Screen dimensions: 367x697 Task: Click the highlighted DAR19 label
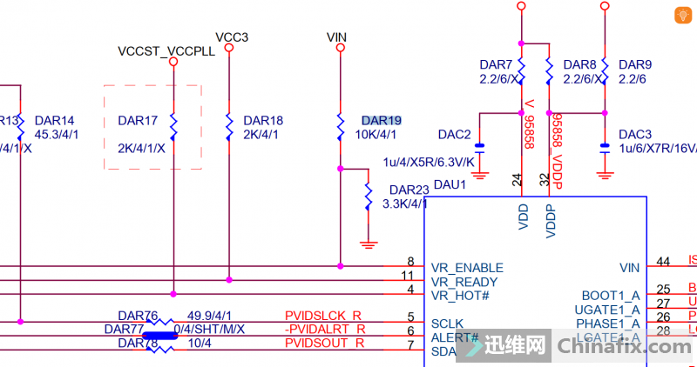[x=381, y=120]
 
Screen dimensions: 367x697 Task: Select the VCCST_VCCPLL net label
[x=166, y=51]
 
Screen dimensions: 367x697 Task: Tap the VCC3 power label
[x=232, y=37]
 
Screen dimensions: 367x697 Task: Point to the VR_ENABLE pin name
[x=467, y=267]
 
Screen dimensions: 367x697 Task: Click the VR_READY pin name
[x=464, y=282]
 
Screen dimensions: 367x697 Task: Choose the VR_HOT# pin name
[x=460, y=296]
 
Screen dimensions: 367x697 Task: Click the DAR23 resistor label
[x=409, y=190]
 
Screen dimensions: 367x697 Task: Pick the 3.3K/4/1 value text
[x=404, y=204]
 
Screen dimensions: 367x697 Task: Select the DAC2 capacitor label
[x=454, y=134]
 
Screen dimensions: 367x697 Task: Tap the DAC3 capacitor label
[x=634, y=134]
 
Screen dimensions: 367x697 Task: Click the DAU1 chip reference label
[x=450, y=184]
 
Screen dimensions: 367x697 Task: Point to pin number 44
[x=663, y=261]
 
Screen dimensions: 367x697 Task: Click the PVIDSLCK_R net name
[x=324, y=315]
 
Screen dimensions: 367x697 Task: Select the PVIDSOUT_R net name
[x=324, y=344]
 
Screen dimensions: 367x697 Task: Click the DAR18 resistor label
[x=263, y=120]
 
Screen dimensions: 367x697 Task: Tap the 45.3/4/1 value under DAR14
[x=57, y=135]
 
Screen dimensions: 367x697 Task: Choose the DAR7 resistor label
[x=496, y=64]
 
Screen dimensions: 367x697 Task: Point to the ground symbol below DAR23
[x=369, y=244]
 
